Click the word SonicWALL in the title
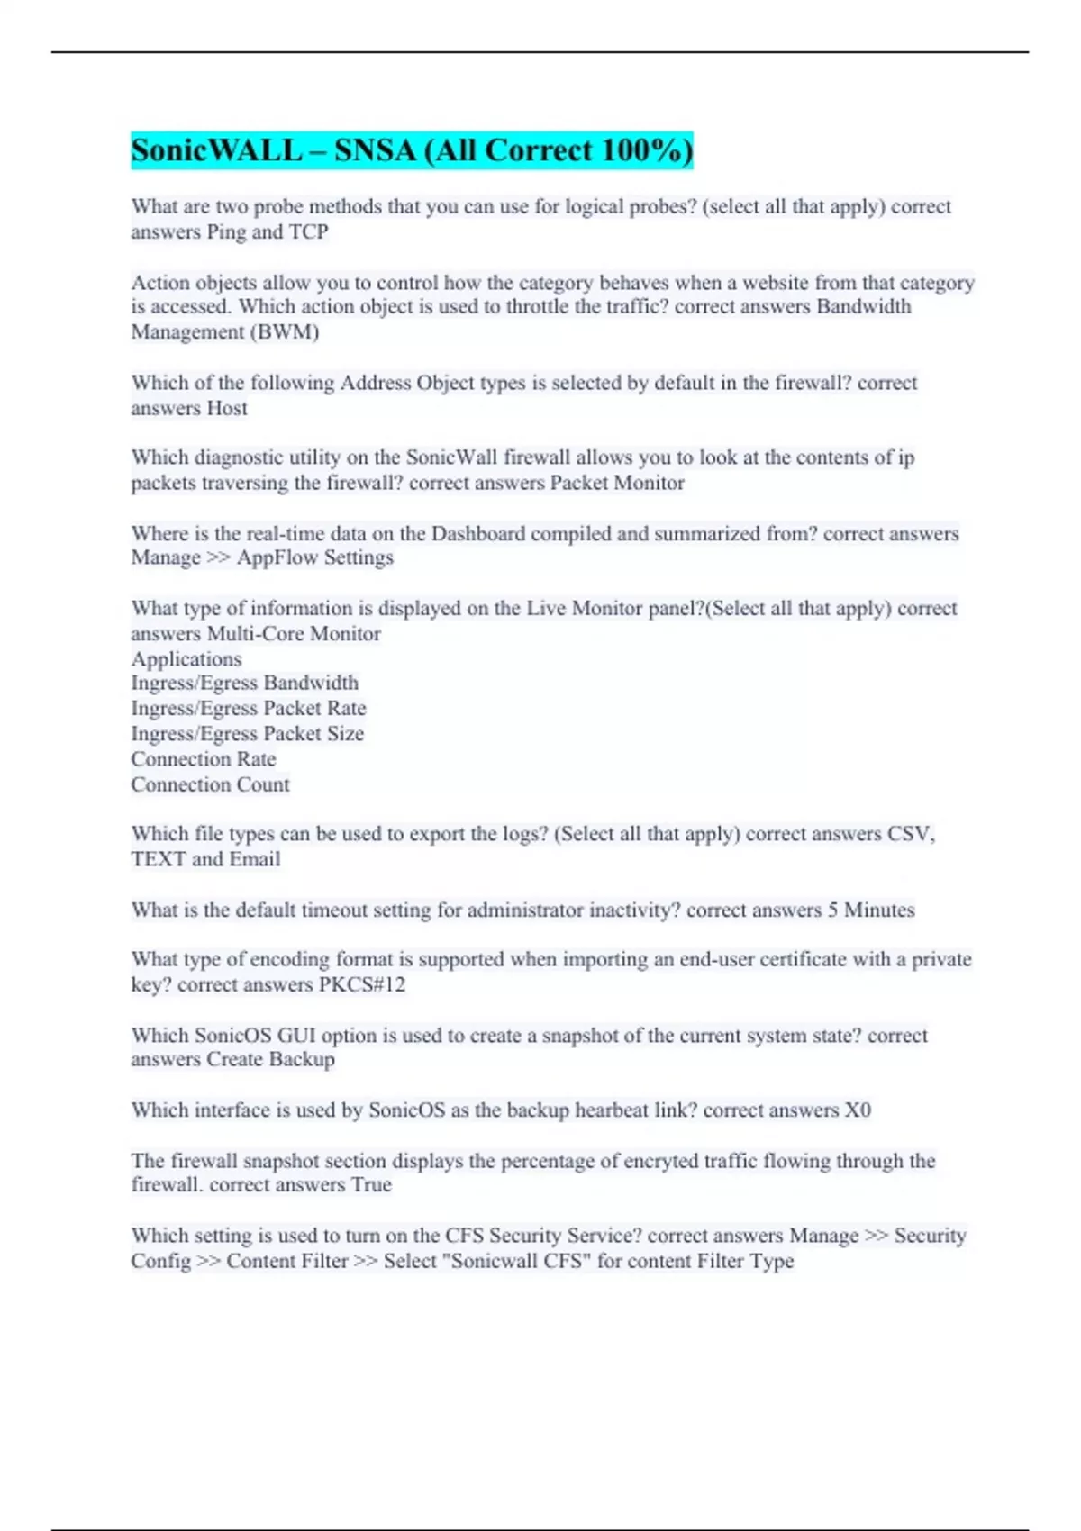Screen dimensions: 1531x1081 point(216,150)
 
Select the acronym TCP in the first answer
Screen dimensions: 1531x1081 point(308,231)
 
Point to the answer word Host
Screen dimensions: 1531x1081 point(227,408)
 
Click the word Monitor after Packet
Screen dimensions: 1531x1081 point(649,483)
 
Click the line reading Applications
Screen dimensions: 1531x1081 point(186,658)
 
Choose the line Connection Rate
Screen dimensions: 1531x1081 point(204,758)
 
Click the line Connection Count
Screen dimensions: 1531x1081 point(210,784)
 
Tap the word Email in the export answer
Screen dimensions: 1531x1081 point(255,859)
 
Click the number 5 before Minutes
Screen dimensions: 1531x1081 point(831,910)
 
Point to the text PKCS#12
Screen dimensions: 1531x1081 point(362,984)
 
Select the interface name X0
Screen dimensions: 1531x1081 point(858,1110)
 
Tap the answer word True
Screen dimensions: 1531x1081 point(371,1184)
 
